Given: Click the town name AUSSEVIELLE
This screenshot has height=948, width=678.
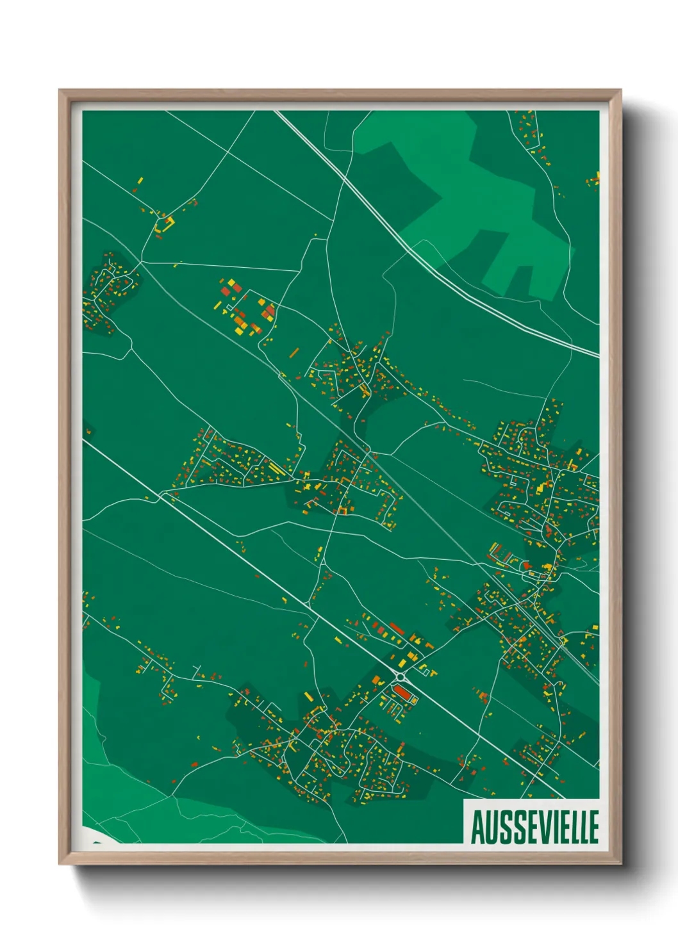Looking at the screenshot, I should tap(534, 827).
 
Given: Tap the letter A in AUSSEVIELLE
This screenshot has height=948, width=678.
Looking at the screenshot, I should tap(477, 827).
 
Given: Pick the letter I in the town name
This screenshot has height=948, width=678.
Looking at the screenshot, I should tap(552, 827).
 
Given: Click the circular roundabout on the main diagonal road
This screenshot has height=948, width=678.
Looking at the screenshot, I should tap(401, 676).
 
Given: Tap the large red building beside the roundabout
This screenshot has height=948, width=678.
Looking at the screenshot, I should tap(402, 692).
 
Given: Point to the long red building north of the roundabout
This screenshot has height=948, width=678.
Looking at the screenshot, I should tap(397, 628).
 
